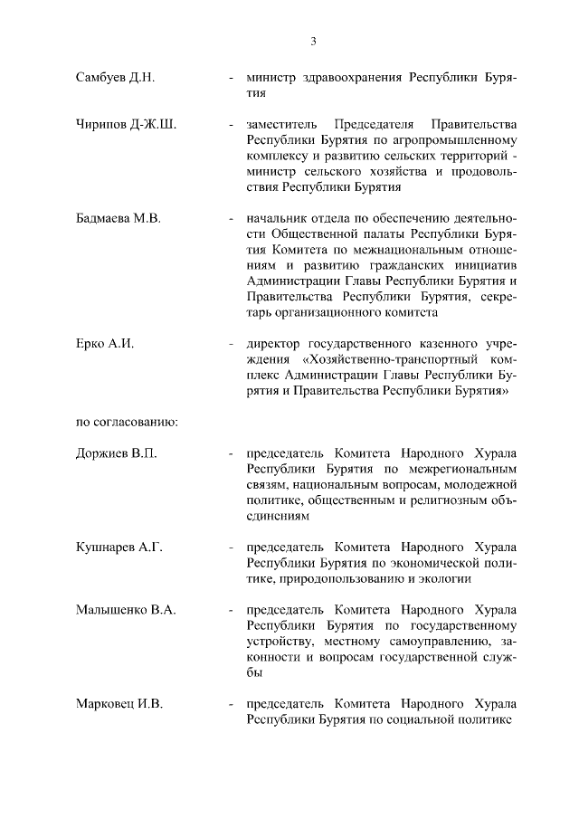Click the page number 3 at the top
coord(313,41)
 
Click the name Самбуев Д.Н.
coord(116,77)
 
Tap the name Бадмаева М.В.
coord(118,218)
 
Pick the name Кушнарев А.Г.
coord(119,548)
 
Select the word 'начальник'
coord(273,218)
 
